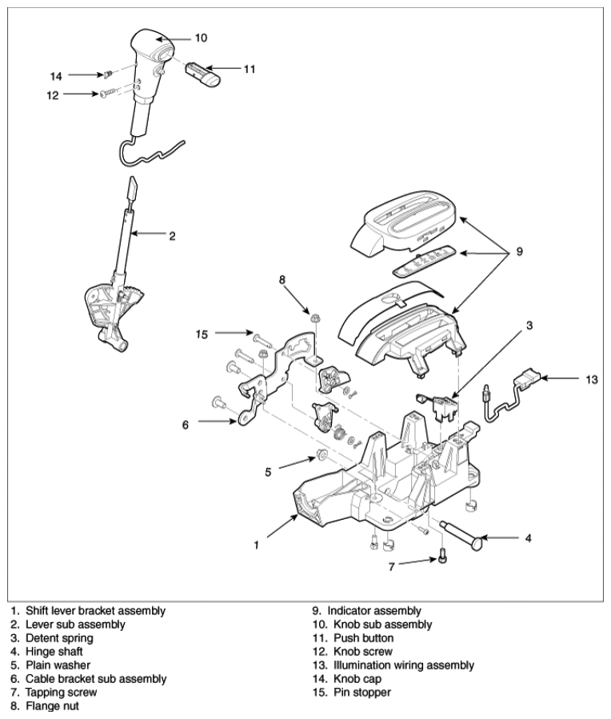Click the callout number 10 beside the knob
201,38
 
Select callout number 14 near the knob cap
56,76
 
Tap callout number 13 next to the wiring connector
590,379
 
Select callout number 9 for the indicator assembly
519,251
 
